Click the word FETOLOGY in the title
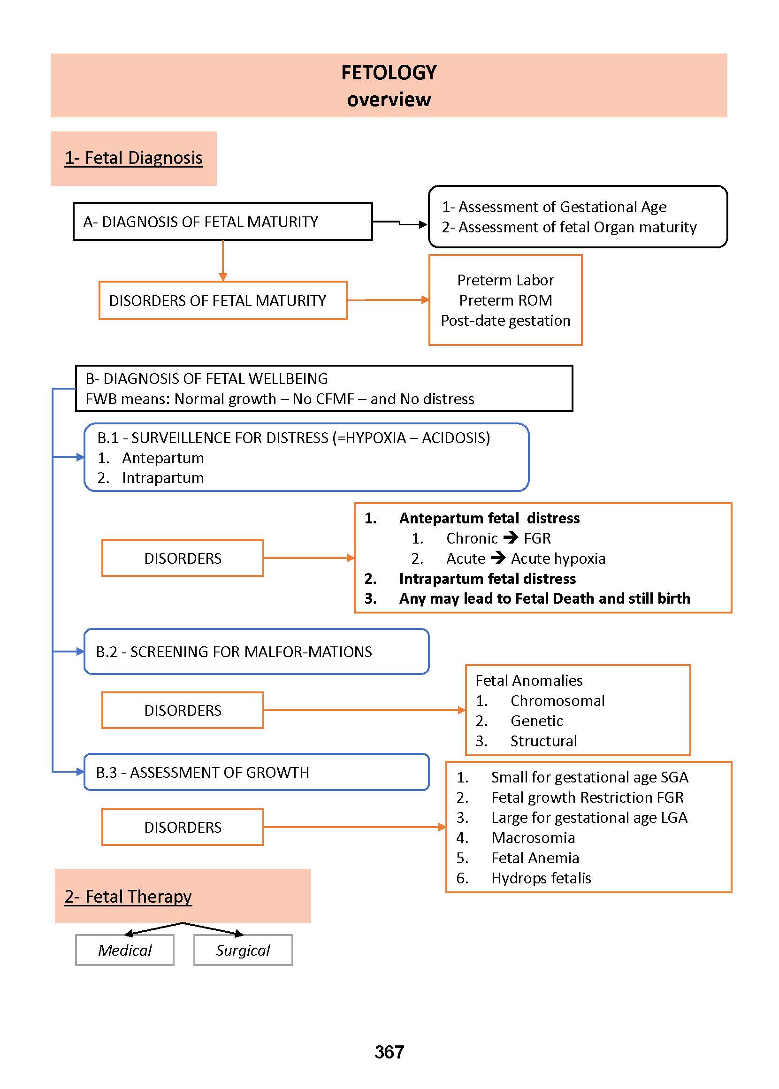389,73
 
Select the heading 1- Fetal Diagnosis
134,158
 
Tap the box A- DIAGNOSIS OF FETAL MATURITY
222,222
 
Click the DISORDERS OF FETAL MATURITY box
222,301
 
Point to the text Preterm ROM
505,300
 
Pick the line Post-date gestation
505,321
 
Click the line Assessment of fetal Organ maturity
569,227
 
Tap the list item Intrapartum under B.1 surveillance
163,478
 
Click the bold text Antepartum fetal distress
489,518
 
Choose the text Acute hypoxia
558,559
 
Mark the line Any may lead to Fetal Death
544,598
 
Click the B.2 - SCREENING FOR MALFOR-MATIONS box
256,652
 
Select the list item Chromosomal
557,701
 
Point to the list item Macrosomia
533,837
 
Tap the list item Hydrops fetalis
541,878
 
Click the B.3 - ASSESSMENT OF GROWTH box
256,772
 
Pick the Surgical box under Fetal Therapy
243,951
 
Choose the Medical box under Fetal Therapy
125,951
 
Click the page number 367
389,1052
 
